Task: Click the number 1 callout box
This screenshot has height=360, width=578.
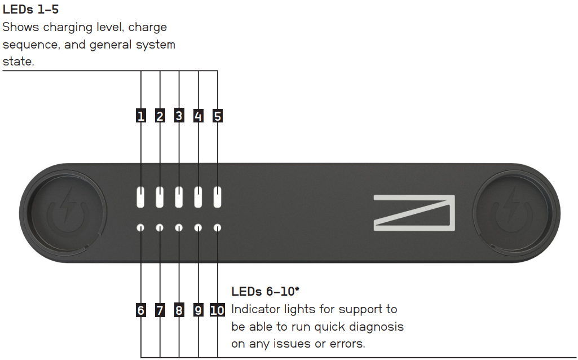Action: [141, 116]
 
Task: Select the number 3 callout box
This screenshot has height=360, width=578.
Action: [179, 116]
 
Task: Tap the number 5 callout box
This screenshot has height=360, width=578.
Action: [218, 116]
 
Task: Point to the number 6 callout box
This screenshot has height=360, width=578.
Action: [141, 310]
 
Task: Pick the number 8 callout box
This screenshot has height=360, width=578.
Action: [179, 310]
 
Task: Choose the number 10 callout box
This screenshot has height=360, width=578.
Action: [217, 310]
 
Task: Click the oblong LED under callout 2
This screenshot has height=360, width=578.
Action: [160, 197]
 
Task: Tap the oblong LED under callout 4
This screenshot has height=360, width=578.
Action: [198, 197]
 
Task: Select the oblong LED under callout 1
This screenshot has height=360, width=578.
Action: [141, 197]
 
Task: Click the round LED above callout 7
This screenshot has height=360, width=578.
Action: [160, 228]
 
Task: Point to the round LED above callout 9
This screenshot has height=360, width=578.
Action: [198, 228]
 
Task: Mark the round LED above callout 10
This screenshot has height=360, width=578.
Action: [218, 228]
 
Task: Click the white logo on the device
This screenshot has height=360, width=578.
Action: [414, 213]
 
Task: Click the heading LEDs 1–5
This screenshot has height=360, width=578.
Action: [31, 10]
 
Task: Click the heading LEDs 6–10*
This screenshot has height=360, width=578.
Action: [265, 292]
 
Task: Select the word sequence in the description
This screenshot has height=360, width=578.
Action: [33, 45]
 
